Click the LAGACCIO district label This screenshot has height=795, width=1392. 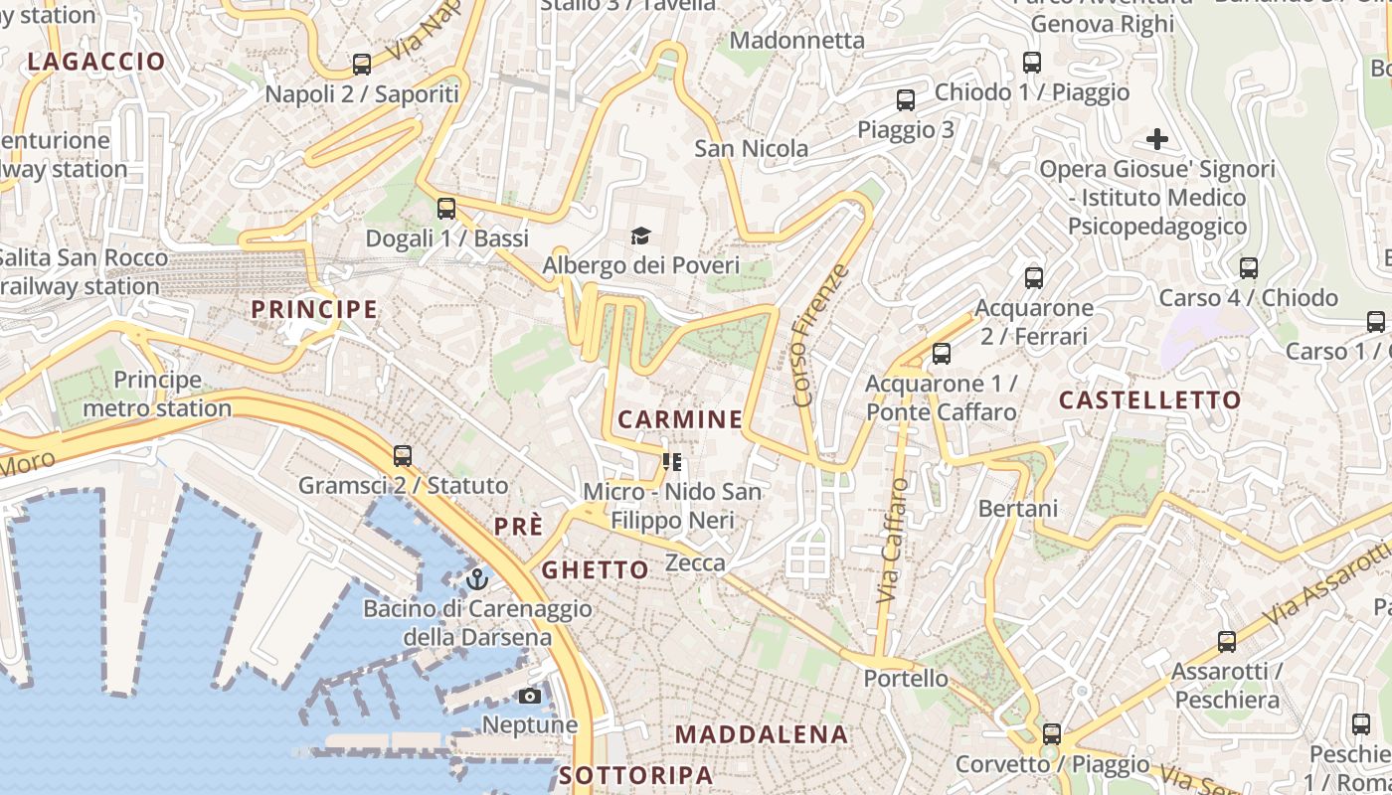coord(96,62)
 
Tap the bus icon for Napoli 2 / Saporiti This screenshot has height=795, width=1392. coord(362,65)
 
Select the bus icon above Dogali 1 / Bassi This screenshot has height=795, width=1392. coord(446,209)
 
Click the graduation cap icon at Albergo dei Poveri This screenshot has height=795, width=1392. coord(641,237)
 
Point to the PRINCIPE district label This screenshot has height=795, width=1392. coord(314,309)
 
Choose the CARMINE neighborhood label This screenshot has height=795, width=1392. coord(680,419)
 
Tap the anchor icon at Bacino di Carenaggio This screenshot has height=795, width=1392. coord(478,578)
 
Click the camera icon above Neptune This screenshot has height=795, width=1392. coord(530,696)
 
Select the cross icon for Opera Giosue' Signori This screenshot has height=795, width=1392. coord(1157,138)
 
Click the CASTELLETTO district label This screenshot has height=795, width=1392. coord(1149,400)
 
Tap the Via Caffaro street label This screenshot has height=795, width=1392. coord(893,541)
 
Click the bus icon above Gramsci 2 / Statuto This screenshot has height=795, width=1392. coord(403,456)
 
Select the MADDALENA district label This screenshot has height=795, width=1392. coord(762,735)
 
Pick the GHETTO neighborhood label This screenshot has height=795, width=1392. coord(595,569)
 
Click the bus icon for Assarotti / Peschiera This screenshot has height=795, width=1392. coord(1227,642)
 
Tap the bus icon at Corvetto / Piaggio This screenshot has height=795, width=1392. coord(1052,734)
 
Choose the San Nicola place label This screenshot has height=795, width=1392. coord(752,149)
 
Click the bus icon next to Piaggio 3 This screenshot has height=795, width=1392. coord(906,100)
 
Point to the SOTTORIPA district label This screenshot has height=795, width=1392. coord(636,775)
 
